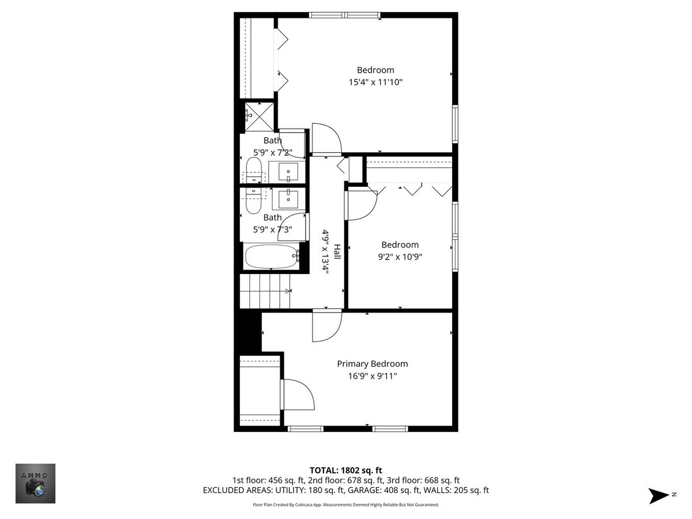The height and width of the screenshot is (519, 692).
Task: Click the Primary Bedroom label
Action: (373, 364)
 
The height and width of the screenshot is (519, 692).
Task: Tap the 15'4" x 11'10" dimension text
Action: (375, 82)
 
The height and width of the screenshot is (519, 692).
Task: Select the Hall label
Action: (337, 252)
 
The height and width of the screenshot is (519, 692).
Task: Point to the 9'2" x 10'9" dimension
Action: (400, 257)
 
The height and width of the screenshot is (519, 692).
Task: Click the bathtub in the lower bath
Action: (272, 256)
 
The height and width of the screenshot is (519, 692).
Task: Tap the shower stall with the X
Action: (259, 116)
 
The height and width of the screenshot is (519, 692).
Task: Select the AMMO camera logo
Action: (35, 483)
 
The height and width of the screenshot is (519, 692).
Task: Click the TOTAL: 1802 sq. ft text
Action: (346, 471)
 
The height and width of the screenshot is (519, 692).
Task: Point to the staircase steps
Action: (265, 291)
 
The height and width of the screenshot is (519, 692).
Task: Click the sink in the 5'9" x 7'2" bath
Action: (288, 172)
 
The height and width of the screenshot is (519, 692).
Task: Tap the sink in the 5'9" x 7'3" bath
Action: (288, 199)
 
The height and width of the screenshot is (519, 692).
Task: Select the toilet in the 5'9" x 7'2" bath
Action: (254, 170)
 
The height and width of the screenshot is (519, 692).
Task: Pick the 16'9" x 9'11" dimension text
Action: (373, 376)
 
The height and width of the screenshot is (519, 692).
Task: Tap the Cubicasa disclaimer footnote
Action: (346, 505)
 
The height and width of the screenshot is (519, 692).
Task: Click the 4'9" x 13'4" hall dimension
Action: (325, 252)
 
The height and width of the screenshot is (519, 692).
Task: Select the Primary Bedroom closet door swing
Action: (298, 394)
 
